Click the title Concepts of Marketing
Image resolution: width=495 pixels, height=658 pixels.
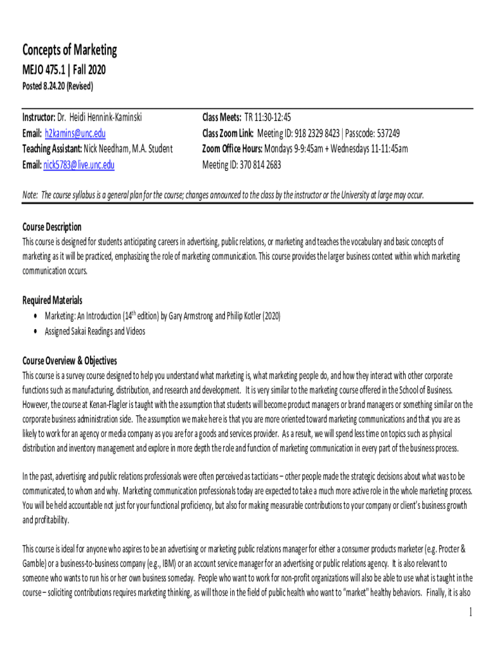69,50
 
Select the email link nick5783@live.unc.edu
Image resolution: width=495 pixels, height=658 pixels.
78,165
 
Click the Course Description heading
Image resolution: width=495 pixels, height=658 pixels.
52,227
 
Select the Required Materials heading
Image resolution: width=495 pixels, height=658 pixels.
52,300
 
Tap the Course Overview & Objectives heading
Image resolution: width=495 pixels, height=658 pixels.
69,360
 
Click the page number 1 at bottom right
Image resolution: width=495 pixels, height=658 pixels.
470,612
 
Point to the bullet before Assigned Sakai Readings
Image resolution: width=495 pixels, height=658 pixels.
34,332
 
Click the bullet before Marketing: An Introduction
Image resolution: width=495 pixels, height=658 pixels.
34,316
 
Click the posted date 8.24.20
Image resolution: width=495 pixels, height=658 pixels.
57,86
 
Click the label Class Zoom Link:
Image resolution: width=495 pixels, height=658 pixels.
228,133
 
